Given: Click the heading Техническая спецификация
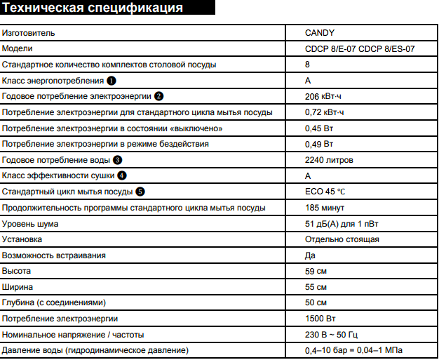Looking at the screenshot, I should [x=93, y=9].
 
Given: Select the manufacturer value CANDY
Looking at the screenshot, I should [x=320, y=32].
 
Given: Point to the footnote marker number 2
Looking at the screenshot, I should [x=159, y=96].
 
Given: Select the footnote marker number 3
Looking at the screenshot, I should [x=117, y=160].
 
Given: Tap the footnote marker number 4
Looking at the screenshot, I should [x=122, y=175].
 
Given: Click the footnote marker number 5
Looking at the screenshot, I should [x=141, y=192].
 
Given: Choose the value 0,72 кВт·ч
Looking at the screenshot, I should [x=325, y=112].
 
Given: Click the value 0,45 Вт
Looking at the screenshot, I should [x=319, y=128].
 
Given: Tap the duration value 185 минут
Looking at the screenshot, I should [x=326, y=208].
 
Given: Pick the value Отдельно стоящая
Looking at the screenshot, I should [x=342, y=239].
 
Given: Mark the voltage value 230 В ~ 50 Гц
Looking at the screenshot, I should [x=333, y=334].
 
